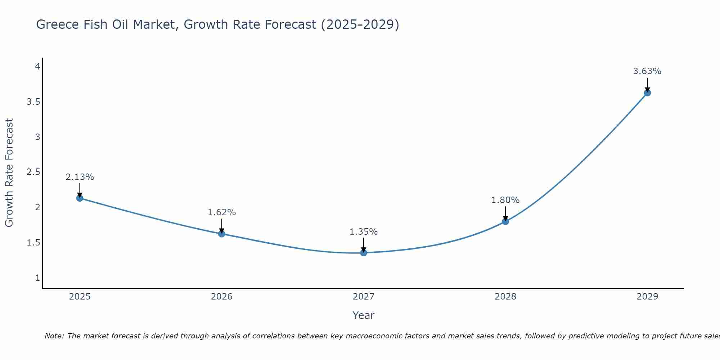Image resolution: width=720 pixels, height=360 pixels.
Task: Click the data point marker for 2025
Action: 80,198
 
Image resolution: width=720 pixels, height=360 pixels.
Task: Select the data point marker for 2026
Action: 222,234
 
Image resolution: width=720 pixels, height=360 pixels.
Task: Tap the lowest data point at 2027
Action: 364,253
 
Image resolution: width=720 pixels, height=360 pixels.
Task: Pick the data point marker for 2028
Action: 505,221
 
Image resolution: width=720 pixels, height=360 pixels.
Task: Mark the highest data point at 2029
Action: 647,93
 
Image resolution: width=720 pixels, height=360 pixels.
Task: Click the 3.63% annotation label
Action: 647,71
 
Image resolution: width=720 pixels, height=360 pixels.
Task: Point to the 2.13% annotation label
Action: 80,177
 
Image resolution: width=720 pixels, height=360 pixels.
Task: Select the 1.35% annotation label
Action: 364,232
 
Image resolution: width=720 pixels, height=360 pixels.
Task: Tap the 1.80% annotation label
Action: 505,200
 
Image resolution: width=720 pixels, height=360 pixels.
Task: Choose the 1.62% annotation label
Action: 222,212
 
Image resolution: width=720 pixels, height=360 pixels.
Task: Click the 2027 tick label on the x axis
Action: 364,297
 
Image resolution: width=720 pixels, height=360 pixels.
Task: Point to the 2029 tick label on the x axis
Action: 647,297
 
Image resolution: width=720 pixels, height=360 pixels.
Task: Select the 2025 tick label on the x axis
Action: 80,297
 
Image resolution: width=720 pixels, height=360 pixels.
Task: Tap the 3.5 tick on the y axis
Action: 33,102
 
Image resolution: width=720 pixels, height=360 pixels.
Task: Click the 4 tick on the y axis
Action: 37,67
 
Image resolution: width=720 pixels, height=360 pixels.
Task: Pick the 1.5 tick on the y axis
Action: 33,243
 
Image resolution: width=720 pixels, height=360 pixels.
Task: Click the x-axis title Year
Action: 364,315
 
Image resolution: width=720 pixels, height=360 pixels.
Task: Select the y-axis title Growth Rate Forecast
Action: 9,173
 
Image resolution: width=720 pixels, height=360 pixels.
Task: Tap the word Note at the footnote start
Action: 54,336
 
